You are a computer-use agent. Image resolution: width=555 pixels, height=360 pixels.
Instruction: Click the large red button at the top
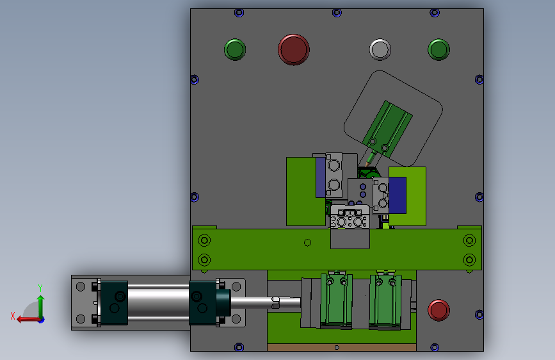coord(293,49)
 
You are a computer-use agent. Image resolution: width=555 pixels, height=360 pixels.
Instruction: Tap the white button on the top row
coord(380,49)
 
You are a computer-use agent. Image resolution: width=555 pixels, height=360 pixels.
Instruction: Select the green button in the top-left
coord(235,49)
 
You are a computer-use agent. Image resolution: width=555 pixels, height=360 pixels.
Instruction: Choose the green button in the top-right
coord(438,49)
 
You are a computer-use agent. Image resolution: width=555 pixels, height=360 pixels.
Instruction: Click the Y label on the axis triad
coord(40,288)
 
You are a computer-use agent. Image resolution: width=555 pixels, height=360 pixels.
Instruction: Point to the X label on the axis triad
coord(13,316)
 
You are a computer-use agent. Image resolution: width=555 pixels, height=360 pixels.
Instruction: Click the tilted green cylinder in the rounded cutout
coord(387,129)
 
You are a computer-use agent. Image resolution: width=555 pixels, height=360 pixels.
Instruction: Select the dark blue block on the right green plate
coord(398,195)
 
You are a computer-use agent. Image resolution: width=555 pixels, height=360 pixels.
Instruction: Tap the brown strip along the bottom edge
coord(342,347)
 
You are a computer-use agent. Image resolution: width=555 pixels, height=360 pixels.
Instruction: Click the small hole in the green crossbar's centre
coord(307,243)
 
